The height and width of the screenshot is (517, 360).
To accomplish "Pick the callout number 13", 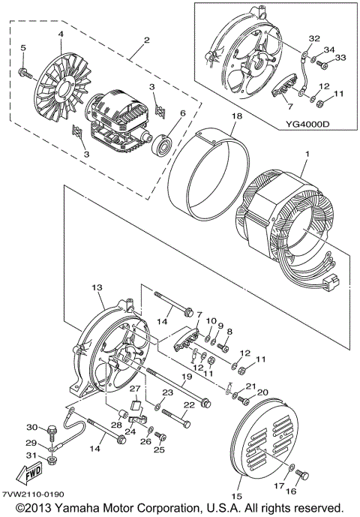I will [x=97, y=287].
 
